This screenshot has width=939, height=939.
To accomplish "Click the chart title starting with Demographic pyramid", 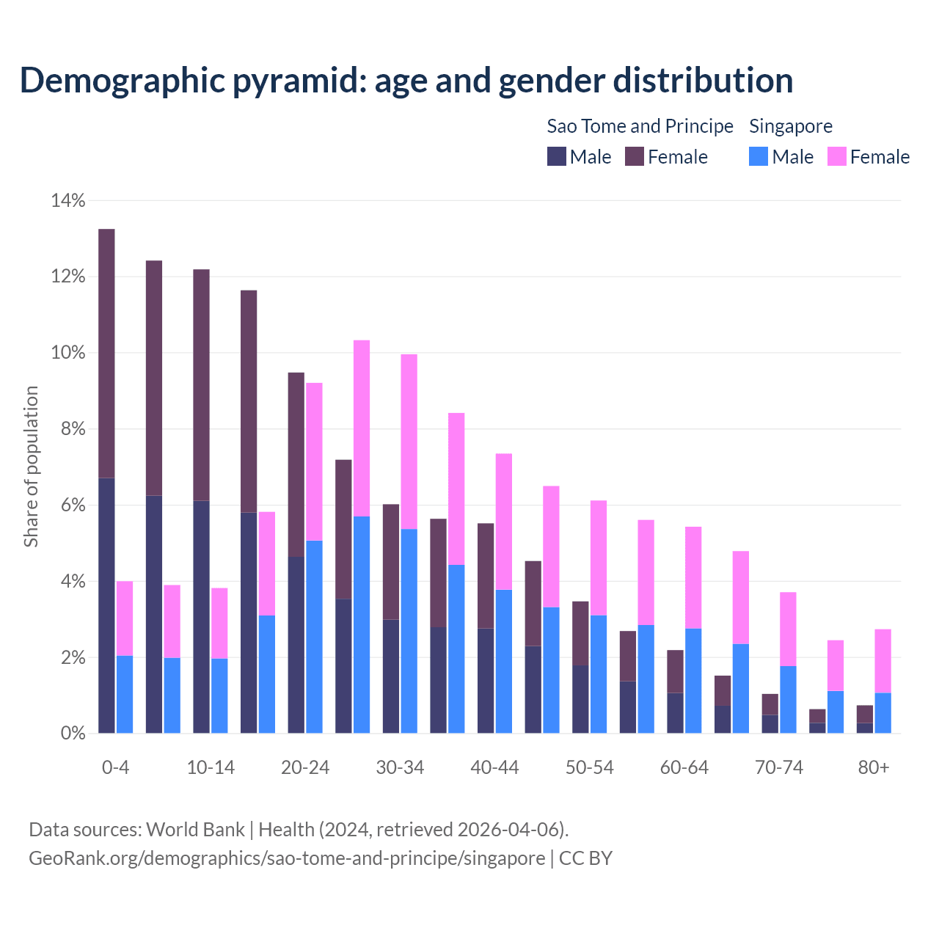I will tap(406, 80).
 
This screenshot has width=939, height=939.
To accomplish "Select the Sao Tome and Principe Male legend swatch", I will tap(557, 156).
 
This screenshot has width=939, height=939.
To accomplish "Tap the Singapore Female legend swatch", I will tap(837, 156).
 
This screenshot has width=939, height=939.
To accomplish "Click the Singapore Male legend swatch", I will tap(759, 156).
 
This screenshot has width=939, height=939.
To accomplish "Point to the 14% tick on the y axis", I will tap(68, 200).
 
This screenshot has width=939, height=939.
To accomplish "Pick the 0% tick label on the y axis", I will tap(73, 733).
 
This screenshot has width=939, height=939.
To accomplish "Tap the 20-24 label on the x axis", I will tap(305, 767).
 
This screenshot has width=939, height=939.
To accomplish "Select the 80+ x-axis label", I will tap(874, 767).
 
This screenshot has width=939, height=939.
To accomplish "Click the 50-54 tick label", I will tap(589, 767).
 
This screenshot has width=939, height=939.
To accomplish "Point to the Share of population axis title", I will tap(31, 467).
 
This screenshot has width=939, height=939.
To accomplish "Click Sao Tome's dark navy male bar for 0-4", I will tap(106, 605).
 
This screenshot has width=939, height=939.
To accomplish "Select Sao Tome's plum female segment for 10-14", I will tap(201, 385).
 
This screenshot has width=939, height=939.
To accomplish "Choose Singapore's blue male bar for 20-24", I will tap(314, 637).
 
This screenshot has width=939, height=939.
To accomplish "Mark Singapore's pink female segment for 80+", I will tap(883, 661).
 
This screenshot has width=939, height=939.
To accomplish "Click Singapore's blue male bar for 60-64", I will tap(693, 681).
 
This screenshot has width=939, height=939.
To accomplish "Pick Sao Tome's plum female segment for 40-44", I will tap(486, 576).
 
